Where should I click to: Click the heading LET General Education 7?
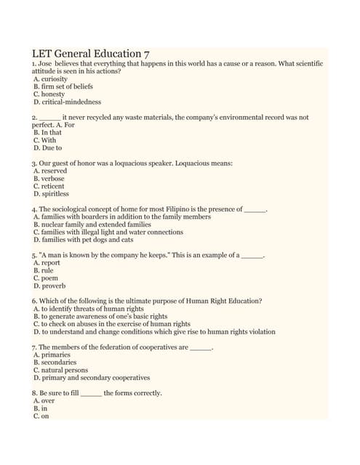coord(92,54)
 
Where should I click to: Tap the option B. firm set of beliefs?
coord(63,86)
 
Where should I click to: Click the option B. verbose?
coord(49,179)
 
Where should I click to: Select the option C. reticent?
coord(49,187)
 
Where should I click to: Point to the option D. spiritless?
coord(52,194)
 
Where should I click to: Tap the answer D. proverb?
coord(49,286)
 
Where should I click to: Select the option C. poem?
coord(46,278)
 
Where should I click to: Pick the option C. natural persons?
coord(61,371)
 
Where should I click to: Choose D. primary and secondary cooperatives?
coord(92,378)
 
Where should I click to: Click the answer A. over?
coord(44,401)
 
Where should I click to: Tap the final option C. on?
coord(41,416)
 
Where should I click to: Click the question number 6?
coord(34,301)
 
